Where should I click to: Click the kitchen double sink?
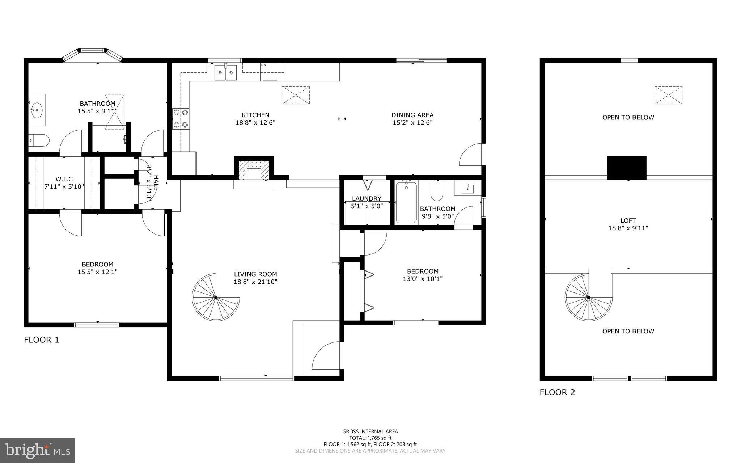pos(225,72)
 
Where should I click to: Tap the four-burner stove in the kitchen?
pos(181,118)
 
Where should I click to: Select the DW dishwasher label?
pos(263,65)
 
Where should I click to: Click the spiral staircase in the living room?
pos(216,298)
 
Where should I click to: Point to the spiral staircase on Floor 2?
pos(588,298)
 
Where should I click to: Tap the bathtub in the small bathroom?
pos(406,202)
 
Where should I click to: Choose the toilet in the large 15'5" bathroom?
pos(38,140)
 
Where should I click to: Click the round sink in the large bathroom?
pos(37,109)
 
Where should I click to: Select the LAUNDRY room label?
pos(367,198)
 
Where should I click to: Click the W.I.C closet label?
pos(64,179)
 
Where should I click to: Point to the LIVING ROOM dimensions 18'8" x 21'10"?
pos(255,282)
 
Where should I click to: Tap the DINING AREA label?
pos(412,115)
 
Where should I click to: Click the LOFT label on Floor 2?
pos(628,220)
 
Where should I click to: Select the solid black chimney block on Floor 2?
pos(626,168)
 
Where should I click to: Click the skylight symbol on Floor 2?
pos(668,95)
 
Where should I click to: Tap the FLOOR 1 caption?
pos(41,340)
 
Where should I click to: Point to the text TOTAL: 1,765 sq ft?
pos(370,438)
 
